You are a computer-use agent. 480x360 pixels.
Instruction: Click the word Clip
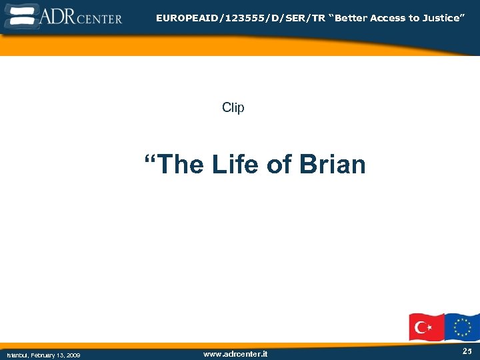(233, 107)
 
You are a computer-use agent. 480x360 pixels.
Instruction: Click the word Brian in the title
(333, 164)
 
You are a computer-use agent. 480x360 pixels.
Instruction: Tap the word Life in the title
(236, 164)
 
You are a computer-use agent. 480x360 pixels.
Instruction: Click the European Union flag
(462, 327)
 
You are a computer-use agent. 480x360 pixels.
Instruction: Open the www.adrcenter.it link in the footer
(235, 354)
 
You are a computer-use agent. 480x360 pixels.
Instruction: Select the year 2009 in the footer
(73, 355)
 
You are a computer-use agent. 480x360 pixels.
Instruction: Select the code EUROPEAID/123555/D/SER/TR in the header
(241, 18)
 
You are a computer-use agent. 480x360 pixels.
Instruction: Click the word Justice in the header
(441, 18)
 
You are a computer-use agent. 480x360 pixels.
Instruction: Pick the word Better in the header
(350, 18)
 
